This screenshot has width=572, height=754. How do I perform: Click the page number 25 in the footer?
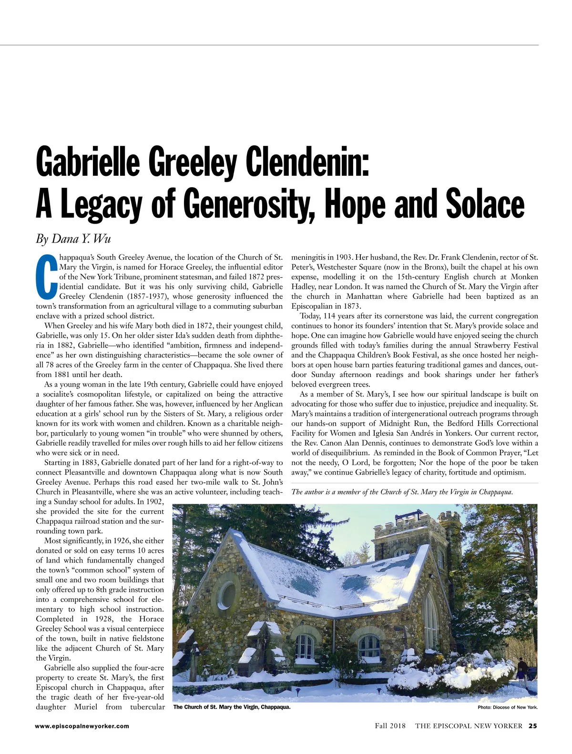click(533, 726)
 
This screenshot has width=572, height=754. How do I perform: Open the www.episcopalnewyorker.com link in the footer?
click(82, 726)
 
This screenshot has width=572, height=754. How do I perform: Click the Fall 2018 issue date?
click(390, 726)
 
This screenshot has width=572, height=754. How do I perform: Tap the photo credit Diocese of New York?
click(508, 707)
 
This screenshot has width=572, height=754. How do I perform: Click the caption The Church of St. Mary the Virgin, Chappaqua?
click(232, 707)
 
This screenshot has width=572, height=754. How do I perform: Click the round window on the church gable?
click(227, 594)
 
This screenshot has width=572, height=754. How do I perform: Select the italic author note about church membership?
click(402, 492)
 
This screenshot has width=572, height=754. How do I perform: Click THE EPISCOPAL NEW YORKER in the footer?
click(469, 726)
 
